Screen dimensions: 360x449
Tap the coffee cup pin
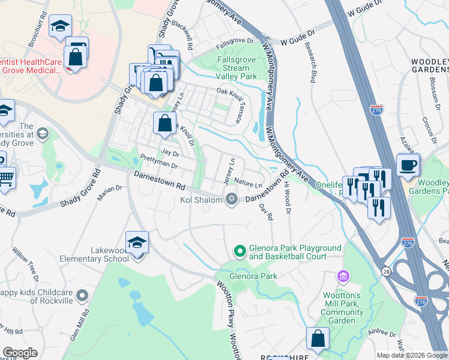tap(408, 165)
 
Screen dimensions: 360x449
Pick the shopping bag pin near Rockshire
tap(317, 339)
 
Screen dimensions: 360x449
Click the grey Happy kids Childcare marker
tap(83, 295)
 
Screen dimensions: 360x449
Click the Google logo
tap(20, 352)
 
